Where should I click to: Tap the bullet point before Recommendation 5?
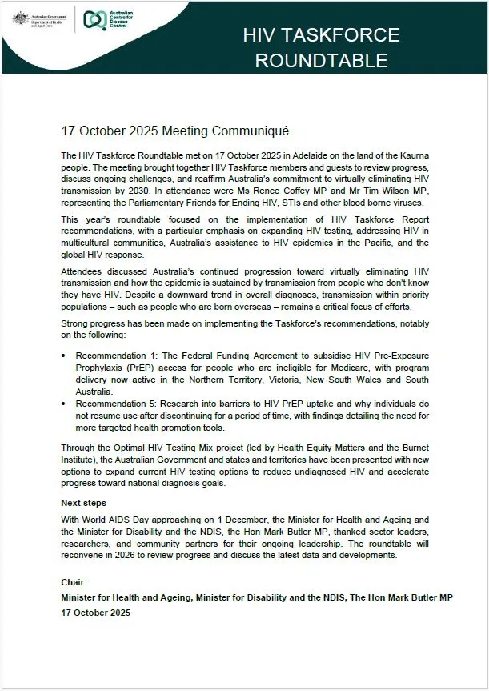coord(64,404)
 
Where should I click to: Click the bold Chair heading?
coord(74,582)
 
